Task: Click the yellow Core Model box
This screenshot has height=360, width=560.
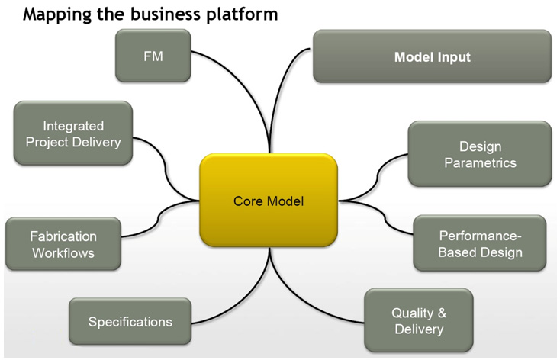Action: tap(269, 200)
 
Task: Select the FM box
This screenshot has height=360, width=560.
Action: tap(153, 56)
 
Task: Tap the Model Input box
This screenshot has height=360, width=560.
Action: tap(432, 56)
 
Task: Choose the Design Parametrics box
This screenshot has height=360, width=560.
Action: tap(480, 154)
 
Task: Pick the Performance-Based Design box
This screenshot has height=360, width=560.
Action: tap(480, 243)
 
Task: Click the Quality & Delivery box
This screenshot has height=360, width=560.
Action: tap(419, 320)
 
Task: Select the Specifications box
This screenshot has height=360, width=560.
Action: tap(130, 321)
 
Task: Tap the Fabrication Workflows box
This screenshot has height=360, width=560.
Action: tap(63, 244)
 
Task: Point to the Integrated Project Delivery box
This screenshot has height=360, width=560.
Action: tap(73, 133)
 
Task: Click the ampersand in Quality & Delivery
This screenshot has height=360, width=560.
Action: tap(442, 313)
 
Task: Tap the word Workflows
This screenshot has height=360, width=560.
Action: tap(63, 253)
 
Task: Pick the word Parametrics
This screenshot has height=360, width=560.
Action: tap(481, 163)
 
